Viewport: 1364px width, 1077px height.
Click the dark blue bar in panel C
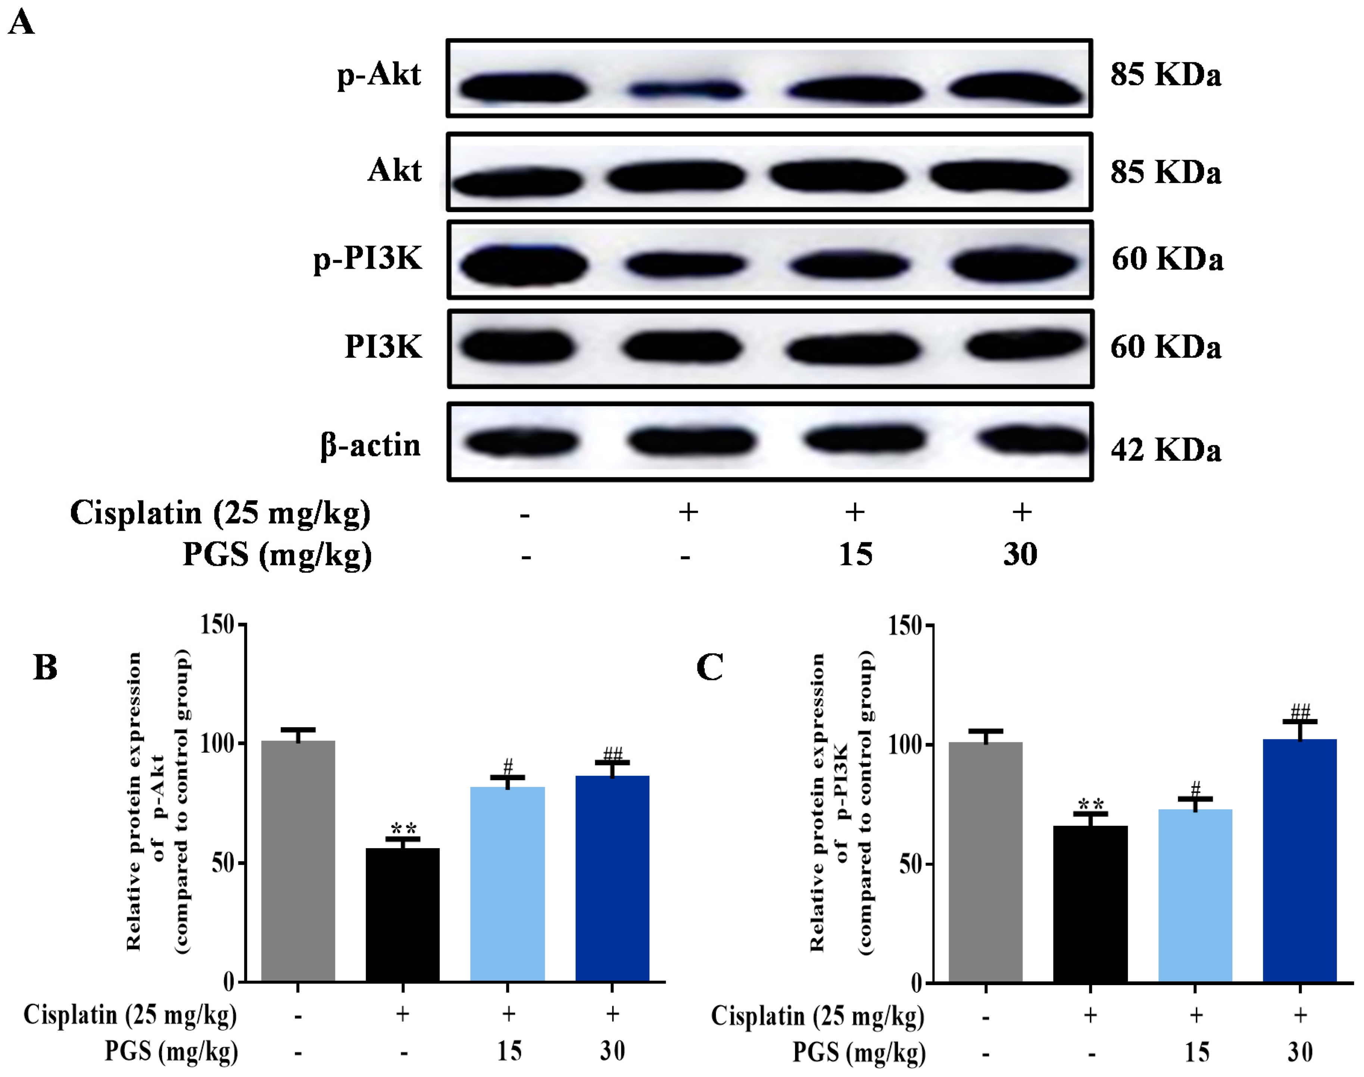pos(1300,861)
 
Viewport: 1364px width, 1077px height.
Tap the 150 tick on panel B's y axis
pos(217,624)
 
